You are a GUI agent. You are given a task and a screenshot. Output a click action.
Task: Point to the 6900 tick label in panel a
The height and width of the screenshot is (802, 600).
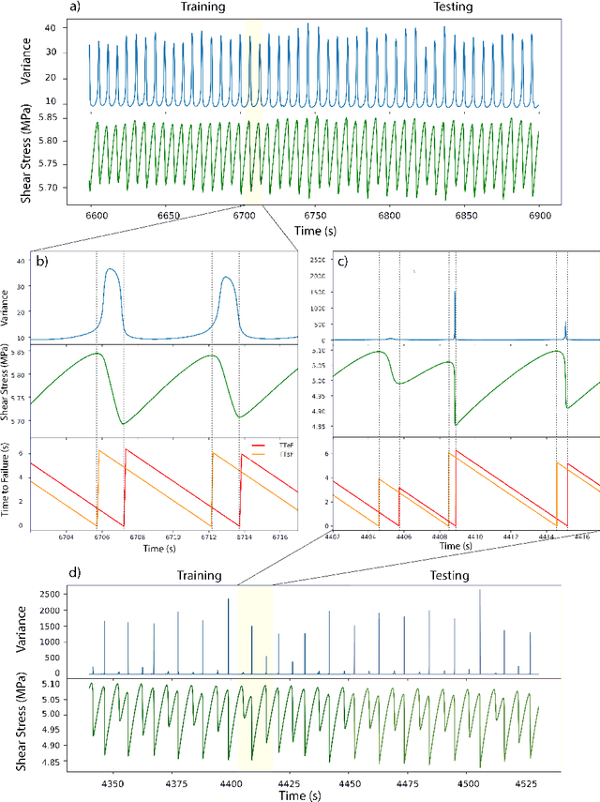535,216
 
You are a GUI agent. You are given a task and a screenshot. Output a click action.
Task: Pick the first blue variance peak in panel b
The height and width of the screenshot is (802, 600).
112,270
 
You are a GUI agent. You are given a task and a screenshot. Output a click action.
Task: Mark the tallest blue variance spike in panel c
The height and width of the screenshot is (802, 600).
455,292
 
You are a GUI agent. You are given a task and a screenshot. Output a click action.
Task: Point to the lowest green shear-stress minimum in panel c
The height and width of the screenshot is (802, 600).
457,425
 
